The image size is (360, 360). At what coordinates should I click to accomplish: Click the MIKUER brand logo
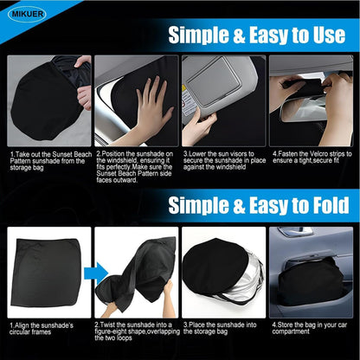pyautogui.click(x=27, y=14)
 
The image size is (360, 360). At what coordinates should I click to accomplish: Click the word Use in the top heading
pyautogui.click(x=329, y=35)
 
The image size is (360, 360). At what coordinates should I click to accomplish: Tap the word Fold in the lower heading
pyautogui.click(x=331, y=205)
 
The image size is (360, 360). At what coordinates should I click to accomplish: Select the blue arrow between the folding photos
pyautogui.click(x=96, y=273)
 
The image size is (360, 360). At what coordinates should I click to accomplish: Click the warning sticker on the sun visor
pyautogui.click(x=187, y=100)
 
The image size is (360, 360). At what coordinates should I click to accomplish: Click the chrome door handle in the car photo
pyautogui.click(x=295, y=232)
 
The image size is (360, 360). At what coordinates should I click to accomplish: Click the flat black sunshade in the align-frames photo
pyautogui.click(x=46, y=273)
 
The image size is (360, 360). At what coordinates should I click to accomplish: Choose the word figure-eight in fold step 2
pyautogui.click(x=111, y=331)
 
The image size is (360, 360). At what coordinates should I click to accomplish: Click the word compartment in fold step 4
pyautogui.click(x=291, y=331)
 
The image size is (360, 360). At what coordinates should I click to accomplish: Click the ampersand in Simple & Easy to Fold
pyautogui.click(x=239, y=205)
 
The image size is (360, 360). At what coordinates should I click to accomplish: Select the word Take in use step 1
pyautogui.click(x=22, y=154)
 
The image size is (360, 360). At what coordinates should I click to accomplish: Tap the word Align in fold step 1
pyautogui.click(x=22, y=325)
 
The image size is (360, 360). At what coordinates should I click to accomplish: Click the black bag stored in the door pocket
pyautogui.click(x=311, y=282)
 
